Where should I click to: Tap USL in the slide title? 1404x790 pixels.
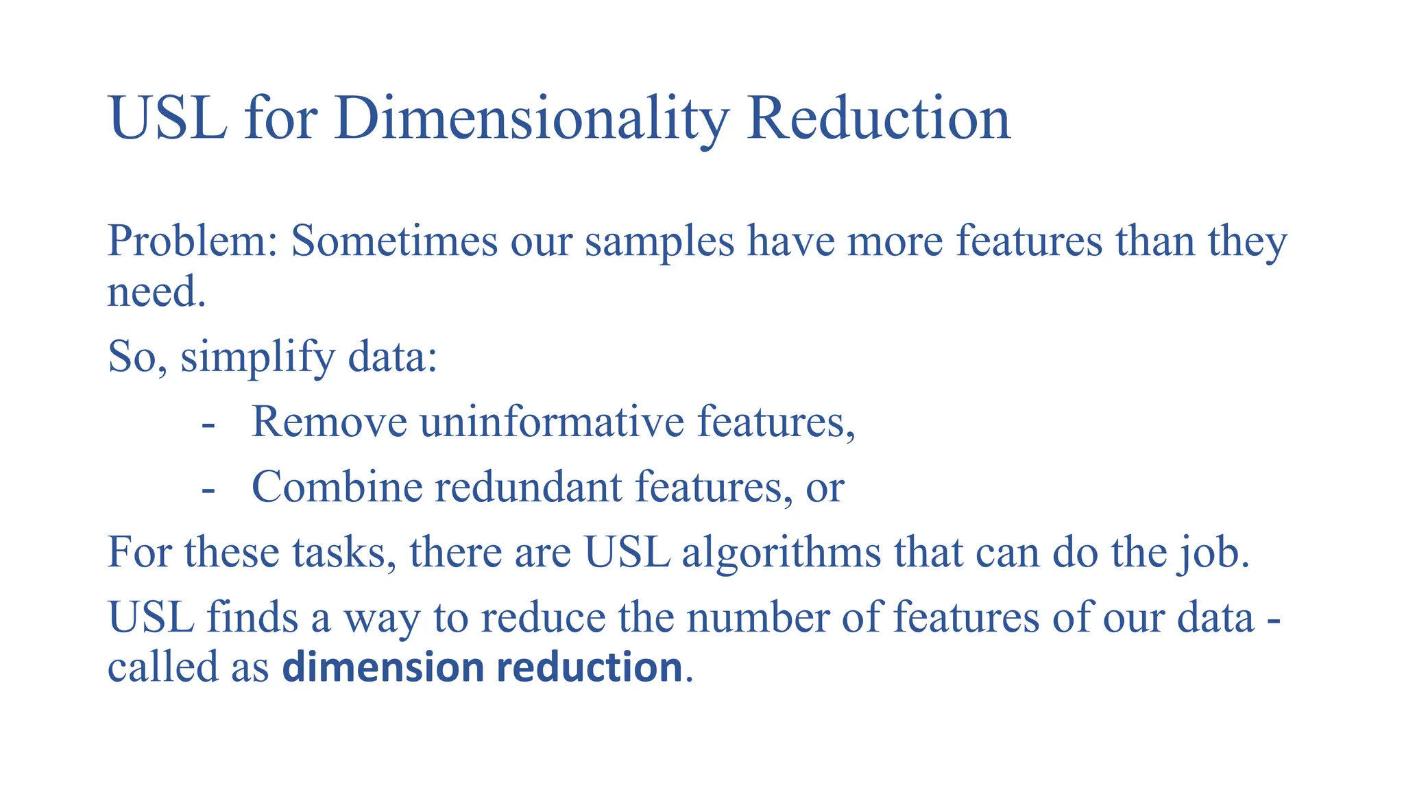[168, 118]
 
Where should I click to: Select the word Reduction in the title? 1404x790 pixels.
[878, 118]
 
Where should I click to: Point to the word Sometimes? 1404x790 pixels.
[394, 241]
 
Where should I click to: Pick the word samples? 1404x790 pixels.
[659, 241]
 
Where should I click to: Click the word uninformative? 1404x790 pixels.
[552, 421]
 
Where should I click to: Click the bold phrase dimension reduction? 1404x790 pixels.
[482, 667]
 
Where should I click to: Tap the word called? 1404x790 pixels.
[162, 667]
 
